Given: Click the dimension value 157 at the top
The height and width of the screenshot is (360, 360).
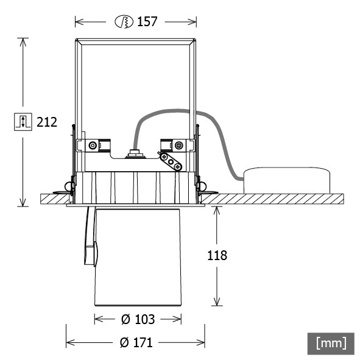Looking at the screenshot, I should (x=147, y=22).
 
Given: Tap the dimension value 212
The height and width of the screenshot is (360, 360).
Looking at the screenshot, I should (x=47, y=122).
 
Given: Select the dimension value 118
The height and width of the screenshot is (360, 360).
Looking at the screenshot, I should (x=217, y=256).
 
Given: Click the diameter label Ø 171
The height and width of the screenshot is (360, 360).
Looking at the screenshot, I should (x=136, y=343).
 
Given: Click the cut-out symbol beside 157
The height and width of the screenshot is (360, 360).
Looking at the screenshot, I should (x=124, y=22).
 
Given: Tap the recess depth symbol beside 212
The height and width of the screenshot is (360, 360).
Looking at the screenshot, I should (x=22, y=121).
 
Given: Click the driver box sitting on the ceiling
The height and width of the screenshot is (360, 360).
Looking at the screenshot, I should (x=286, y=181).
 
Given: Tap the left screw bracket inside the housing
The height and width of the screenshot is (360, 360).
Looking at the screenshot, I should (x=93, y=146).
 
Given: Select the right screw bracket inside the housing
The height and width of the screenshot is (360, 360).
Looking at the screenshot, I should (x=177, y=145).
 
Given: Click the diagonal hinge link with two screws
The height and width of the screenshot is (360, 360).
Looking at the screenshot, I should (x=171, y=162).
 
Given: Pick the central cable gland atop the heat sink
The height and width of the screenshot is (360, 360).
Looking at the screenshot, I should (x=135, y=154).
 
